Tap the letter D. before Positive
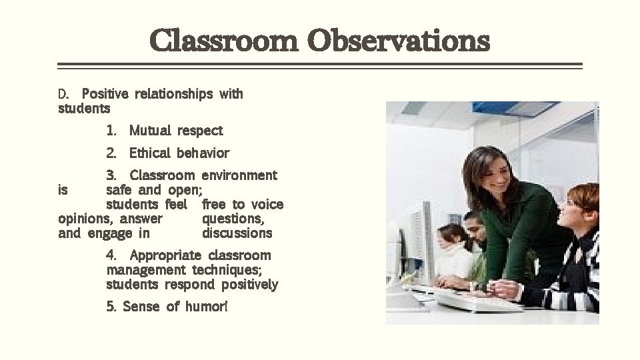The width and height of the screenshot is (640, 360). [x=64, y=94]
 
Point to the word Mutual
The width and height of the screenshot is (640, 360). [x=151, y=131]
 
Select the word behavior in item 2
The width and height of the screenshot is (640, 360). [x=203, y=153]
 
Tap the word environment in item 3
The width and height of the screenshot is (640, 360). [x=239, y=175]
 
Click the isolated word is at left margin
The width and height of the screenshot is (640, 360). [x=63, y=190]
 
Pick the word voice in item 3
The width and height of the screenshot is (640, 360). [x=267, y=205]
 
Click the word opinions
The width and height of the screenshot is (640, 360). [x=85, y=219]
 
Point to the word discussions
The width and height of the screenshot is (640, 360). [x=237, y=233]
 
